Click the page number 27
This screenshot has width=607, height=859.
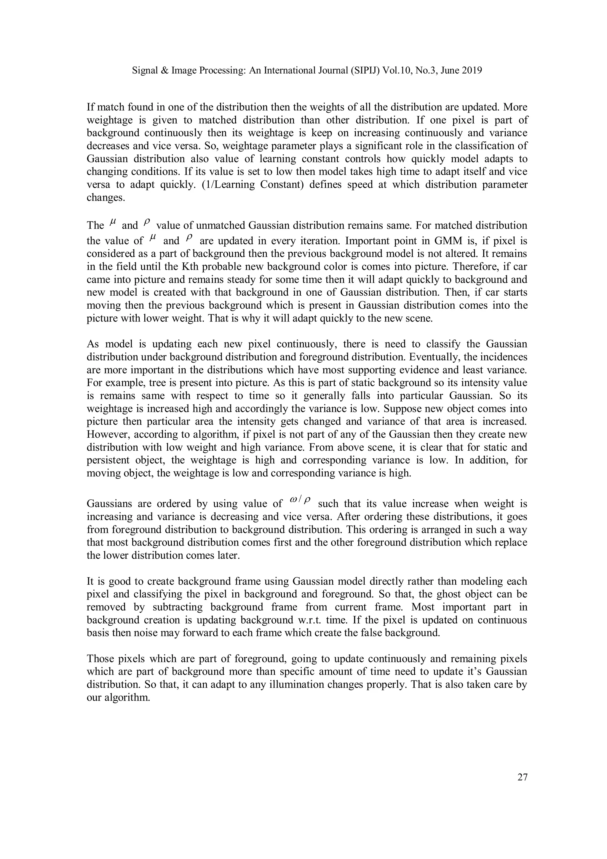522,777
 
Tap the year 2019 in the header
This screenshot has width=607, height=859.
472,70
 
